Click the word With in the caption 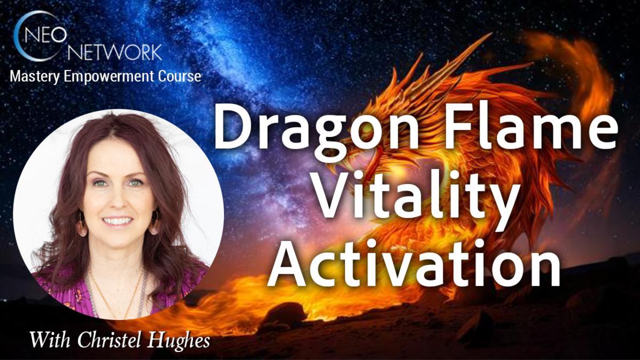[48, 340]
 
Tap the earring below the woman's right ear [82, 227]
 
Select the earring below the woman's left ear [155, 225]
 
